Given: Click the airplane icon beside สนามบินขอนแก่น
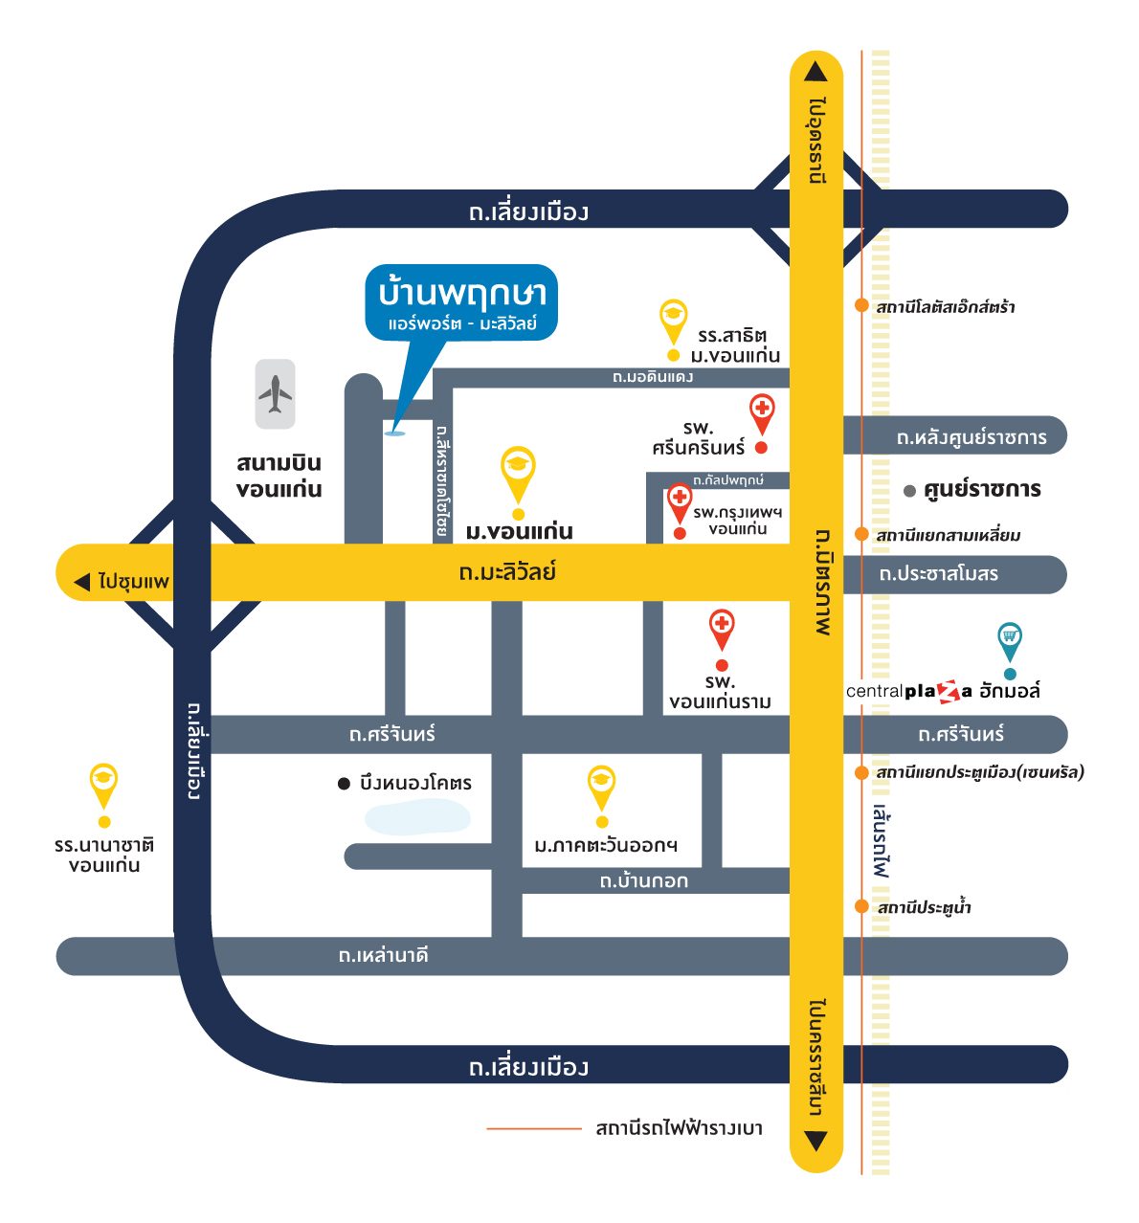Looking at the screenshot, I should (276, 393).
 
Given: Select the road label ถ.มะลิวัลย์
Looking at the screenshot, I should (507, 572).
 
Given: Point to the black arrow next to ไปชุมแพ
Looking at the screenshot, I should (82, 582).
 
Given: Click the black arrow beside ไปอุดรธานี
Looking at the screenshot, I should (815, 72).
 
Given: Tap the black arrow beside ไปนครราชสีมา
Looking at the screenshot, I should (815, 1141).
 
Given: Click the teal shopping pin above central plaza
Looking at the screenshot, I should (1010, 638).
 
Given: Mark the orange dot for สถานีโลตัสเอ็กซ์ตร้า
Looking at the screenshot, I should (861, 305).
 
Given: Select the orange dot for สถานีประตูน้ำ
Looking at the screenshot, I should (861, 906).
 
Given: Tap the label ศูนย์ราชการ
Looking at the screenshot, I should (982, 490).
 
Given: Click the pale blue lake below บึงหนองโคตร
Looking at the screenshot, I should (418, 818).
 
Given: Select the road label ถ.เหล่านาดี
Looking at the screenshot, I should (383, 955).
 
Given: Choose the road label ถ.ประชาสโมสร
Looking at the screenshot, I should (939, 574).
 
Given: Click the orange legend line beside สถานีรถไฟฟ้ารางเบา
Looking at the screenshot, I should (534, 1129).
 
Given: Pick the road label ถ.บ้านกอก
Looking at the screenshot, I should (644, 881).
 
